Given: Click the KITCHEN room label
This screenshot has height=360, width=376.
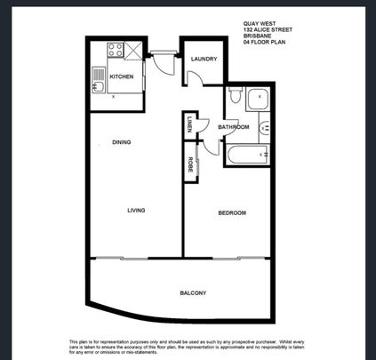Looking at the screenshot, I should click(x=121, y=77).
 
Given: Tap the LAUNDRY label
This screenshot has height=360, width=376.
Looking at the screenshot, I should click(x=204, y=60).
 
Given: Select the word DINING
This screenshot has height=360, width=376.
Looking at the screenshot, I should click(x=123, y=142).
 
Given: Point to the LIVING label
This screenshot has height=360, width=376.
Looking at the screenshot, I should click(x=136, y=211).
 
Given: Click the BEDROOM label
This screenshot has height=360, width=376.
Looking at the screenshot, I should click(x=232, y=213).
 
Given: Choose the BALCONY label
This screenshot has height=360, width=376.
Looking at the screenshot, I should click(x=193, y=293).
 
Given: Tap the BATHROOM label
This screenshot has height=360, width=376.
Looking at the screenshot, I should click(x=234, y=127).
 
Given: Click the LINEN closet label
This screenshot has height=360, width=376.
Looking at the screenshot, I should click(x=190, y=126).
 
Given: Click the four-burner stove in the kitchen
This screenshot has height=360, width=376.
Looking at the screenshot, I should click(x=115, y=52).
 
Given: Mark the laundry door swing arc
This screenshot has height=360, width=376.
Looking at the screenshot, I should click(x=199, y=80).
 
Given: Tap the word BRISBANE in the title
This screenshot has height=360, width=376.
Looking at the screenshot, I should click(x=257, y=36).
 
